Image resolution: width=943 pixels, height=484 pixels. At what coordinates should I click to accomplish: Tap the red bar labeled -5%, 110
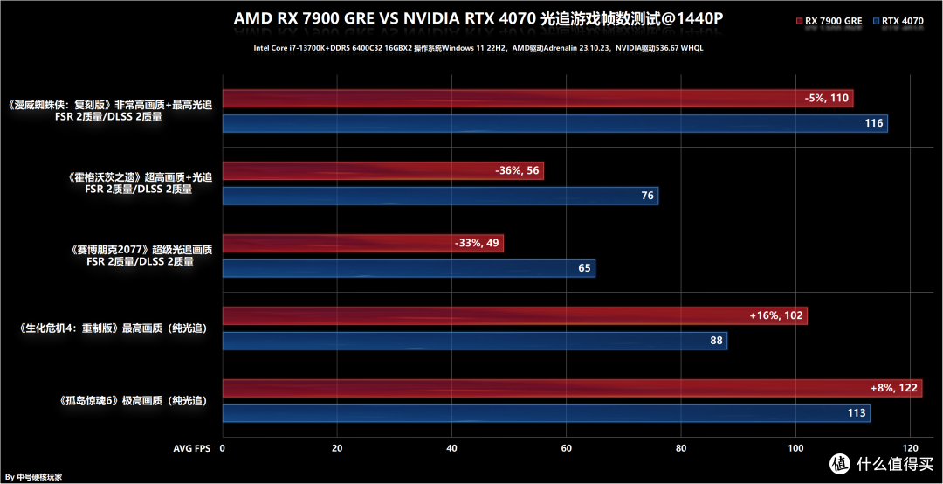click(x=537, y=99)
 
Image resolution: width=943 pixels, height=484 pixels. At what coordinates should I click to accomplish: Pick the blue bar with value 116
click(x=554, y=123)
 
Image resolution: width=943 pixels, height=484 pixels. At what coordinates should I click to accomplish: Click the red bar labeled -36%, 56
click(x=382, y=171)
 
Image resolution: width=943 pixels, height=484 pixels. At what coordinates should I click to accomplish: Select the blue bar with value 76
click(x=440, y=196)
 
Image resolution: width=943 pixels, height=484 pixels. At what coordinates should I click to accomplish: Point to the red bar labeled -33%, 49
click(x=362, y=243)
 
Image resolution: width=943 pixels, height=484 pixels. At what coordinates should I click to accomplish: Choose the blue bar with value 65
click(x=409, y=268)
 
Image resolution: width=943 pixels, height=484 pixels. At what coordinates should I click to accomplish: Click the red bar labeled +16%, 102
click(x=514, y=315)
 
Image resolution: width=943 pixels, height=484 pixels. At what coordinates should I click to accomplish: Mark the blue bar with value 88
click(x=474, y=341)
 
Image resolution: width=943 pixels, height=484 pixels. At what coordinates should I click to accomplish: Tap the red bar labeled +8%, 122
click(x=572, y=388)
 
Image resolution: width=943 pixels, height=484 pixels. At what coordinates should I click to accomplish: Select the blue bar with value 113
click(x=546, y=413)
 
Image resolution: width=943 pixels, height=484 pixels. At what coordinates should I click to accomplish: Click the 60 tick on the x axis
click(x=566, y=448)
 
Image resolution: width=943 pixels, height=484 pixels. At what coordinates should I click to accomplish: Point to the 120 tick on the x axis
click(x=910, y=448)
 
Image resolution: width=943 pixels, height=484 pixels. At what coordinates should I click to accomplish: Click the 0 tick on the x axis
click(x=223, y=448)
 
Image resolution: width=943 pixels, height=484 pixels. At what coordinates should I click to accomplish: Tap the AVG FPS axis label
click(x=191, y=448)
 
